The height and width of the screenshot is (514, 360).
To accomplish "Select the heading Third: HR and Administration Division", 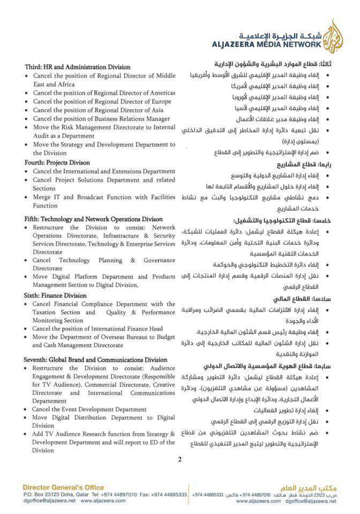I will click(x=77, y=67).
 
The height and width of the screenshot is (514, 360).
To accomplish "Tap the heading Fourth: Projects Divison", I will click(x=57, y=162).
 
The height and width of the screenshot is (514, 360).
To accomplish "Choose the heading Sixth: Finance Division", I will click(x=55, y=295).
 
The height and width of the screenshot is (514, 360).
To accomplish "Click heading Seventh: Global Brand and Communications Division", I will click(x=95, y=360).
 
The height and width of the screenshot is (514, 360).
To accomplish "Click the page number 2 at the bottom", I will click(x=180, y=459).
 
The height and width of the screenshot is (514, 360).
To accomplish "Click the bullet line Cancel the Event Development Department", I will click(x=89, y=409).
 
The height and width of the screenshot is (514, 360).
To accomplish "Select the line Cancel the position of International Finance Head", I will click(x=97, y=328).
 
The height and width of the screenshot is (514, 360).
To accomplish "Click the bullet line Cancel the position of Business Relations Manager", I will click(x=101, y=118).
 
